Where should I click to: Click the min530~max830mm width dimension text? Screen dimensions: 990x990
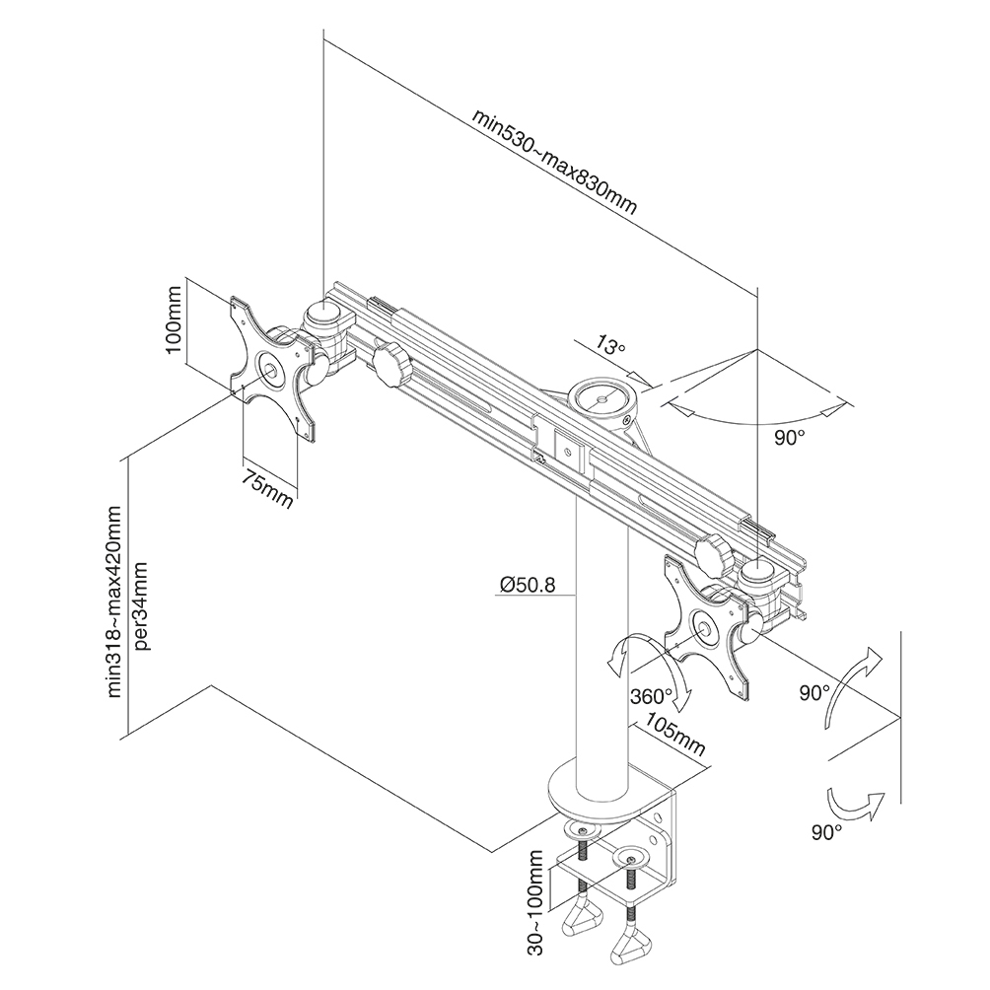tap(555, 163)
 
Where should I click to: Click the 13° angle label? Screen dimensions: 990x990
tap(609, 347)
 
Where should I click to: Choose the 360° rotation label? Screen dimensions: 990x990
tap(651, 696)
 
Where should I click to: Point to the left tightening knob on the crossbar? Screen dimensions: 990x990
tap(391, 366)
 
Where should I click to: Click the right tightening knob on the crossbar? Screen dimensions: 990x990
tap(714, 554)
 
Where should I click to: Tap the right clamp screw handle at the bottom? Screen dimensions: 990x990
tap(631, 947)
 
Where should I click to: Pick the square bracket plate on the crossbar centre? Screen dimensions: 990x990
tap(569, 451)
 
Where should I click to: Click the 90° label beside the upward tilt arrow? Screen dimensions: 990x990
tap(814, 693)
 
